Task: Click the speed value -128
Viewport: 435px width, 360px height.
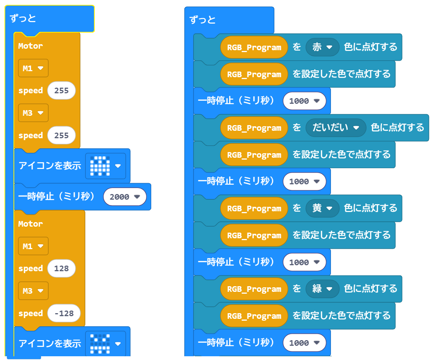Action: tap(64, 314)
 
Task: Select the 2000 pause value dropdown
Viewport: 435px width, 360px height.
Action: tap(125, 197)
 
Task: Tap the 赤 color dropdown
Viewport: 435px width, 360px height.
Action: tap(322, 47)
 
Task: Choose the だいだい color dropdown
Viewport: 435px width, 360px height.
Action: tap(335, 128)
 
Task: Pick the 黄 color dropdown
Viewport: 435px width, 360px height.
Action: tap(322, 208)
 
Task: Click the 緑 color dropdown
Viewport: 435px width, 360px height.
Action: tap(322, 289)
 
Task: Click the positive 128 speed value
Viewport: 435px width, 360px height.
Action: tap(61, 269)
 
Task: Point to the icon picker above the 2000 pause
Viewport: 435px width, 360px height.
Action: tap(106, 166)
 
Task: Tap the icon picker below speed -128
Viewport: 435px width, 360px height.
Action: tap(106, 343)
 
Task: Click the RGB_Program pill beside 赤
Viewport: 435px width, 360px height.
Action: tap(254, 48)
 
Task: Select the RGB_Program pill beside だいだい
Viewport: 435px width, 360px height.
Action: tap(254, 128)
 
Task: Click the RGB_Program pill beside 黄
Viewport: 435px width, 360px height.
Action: tap(254, 209)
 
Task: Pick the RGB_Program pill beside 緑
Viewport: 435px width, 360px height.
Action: tap(254, 289)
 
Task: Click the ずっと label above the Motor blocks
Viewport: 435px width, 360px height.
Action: tap(23, 18)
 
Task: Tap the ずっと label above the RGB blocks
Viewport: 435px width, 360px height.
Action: tap(203, 20)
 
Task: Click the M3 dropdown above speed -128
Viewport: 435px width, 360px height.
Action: tap(33, 291)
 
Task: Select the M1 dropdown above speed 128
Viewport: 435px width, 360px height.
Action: tap(33, 246)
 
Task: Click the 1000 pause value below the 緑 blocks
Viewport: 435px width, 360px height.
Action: tap(304, 343)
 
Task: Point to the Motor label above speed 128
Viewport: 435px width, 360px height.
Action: tap(30, 224)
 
